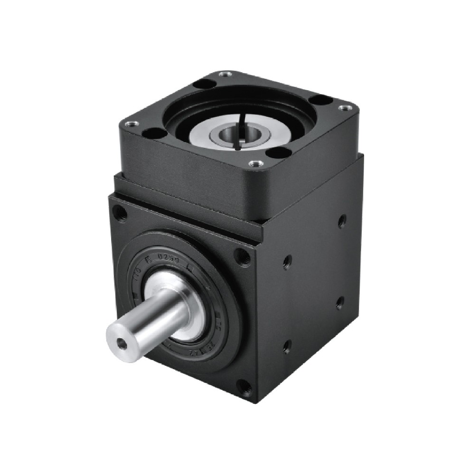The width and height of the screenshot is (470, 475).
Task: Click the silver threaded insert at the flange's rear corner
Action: [226, 75]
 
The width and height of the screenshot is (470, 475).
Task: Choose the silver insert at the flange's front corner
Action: [256, 164]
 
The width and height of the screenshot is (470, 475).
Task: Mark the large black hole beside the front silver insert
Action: [278, 152]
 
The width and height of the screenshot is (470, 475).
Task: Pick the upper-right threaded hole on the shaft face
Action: [243, 256]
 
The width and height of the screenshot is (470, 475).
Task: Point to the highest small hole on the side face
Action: [341, 221]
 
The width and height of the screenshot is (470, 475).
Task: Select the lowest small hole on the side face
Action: [286, 347]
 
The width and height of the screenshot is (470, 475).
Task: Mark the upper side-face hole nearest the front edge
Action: [287, 262]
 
